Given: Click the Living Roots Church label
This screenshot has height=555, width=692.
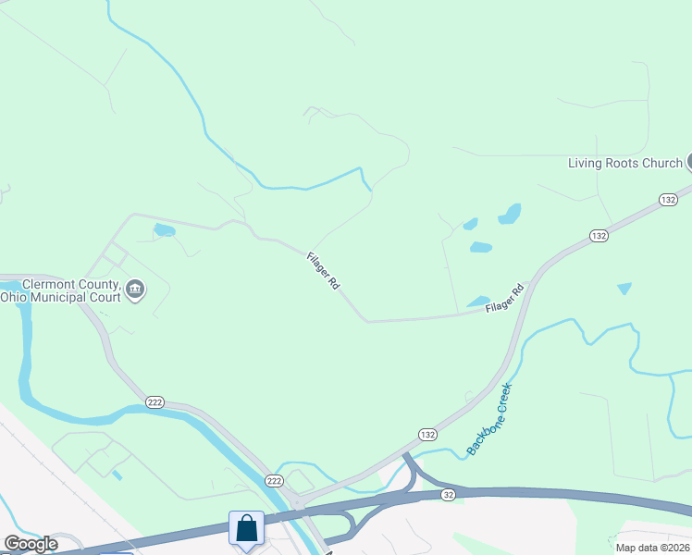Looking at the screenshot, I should tap(624, 164).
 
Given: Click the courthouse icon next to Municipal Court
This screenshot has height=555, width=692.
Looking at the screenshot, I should tap(135, 290).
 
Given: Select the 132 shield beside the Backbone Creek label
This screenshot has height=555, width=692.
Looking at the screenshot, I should tap(426, 434).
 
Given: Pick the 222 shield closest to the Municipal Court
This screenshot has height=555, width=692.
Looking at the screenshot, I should tap(154, 401).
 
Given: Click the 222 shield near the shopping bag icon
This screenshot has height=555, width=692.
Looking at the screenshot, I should tap(274, 480).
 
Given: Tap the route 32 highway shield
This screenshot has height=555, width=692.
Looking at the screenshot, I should tap(449, 495).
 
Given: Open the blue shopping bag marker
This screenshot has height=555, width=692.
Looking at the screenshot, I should tap(247, 529).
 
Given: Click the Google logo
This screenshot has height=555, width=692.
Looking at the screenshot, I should tap(31, 544).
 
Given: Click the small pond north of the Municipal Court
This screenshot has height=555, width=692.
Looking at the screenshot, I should tap(164, 229).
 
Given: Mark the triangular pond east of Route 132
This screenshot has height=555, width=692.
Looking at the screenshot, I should tap(624, 289).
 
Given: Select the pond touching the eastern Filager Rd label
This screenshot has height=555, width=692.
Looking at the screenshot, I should tap(477, 302).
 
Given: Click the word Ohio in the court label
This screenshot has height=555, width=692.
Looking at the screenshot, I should tap(13, 297).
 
